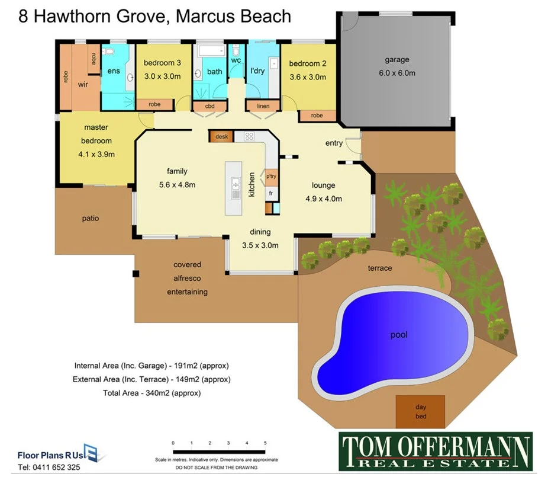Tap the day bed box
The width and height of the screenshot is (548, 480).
click(421, 411)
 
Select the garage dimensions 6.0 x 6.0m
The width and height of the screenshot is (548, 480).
click(397, 73)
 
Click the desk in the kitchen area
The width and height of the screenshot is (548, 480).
click(221, 137)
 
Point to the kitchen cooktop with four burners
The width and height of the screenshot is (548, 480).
click(249, 137)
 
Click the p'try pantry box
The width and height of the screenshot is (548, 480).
click(271, 177)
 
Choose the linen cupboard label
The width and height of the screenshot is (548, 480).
click(263, 106)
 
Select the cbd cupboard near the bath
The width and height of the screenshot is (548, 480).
click(209, 106)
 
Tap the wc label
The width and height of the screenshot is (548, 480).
click(236, 60)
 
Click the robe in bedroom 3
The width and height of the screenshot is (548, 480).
click(154, 104)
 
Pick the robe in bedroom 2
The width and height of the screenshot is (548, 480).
click(317, 116)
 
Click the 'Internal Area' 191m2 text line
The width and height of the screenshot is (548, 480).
click(151, 365)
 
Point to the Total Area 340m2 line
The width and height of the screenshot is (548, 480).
click(151, 392)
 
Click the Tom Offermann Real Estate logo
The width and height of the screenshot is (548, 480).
click(435, 452)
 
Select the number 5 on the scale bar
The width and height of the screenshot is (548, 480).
click(265, 443)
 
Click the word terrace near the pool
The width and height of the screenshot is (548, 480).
click(380, 268)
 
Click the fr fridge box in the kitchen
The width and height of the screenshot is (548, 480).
click(271, 193)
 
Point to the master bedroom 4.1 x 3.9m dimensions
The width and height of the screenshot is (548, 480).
click(97, 154)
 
